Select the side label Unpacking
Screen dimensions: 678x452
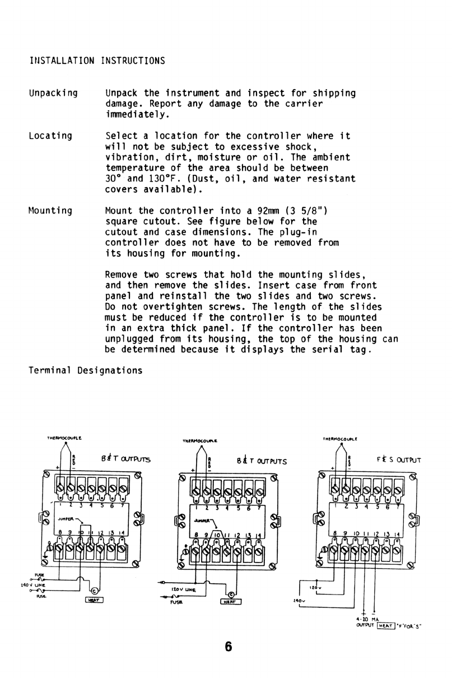coord(53,93)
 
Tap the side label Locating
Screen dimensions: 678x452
coord(50,136)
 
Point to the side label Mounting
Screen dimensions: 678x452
coord(50,211)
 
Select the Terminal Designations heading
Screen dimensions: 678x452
coord(85,370)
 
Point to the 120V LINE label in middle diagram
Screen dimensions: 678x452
coord(183,590)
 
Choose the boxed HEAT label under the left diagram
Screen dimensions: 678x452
coord(95,600)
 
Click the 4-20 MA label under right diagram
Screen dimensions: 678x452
coord(365,619)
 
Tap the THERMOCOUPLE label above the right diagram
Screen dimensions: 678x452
coord(340,439)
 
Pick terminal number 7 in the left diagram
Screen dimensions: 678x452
coord(121,505)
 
